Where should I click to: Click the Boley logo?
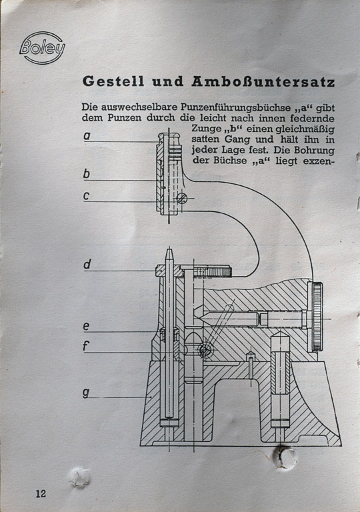click(42, 48)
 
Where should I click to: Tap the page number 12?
click(41, 493)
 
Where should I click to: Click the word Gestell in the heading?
click(113, 81)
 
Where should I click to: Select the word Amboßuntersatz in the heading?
click(263, 81)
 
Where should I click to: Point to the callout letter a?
click(87, 135)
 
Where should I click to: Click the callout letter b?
click(86, 173)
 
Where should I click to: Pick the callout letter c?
click(86, 196)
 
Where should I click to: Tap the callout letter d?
click(87, 264)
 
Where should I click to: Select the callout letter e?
click(86, 326)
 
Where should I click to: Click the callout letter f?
click(86, 345)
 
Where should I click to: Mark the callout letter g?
click(86, 393)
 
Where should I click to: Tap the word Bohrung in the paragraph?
click(314, 150)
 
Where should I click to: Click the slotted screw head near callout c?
click(182, 198)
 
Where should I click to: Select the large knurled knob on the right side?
click(317, 317)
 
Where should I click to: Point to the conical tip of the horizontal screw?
click(199, 313)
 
